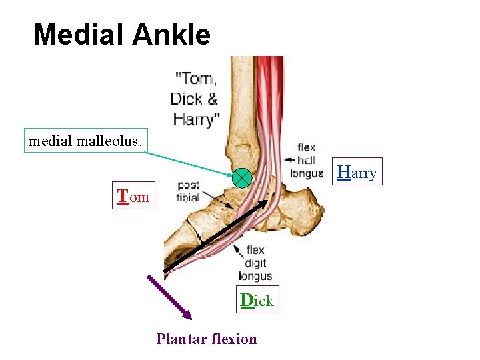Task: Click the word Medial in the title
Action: tap(79, 35)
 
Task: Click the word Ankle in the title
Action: tap(172, 35)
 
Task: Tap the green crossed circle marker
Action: tap(241, 177)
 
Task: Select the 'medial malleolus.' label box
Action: tap(85, 141)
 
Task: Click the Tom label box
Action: tap(133, 196)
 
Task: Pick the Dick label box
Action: tap(257, 300)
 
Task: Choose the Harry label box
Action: tap(357, 173)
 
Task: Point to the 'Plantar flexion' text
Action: tap(207, 339)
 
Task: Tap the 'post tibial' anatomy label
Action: tap(188, 191)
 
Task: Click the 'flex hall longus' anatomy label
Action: tap(307, 161)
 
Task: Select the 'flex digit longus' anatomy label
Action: tap(255, 263)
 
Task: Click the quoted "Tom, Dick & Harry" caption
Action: tap(195, 99)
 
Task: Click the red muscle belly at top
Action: tap(270, 73)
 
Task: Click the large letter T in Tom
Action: tap(123, 196)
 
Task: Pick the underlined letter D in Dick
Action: tap(247, 300)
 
